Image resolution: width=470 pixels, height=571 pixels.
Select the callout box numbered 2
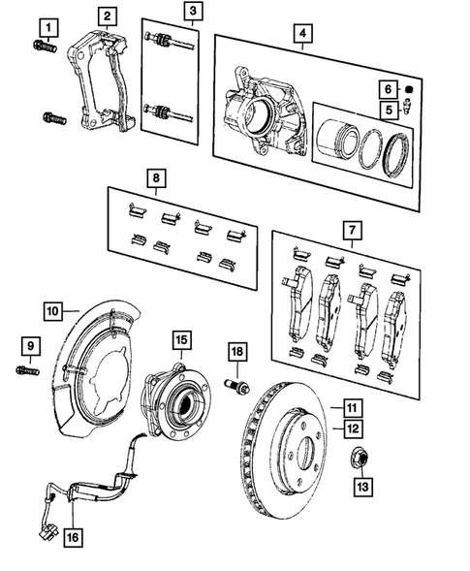coord(108,16)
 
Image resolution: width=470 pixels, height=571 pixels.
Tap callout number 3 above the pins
coord(193,12)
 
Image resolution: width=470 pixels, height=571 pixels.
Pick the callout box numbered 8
coord(155,178)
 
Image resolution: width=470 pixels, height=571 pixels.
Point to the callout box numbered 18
coord(236,351)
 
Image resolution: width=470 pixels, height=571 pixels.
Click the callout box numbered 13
coord(361,484)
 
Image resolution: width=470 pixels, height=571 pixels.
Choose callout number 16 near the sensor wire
coord(73,534)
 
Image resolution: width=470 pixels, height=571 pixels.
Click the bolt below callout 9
coord(26,369)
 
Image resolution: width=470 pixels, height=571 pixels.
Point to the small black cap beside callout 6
coord(408,90)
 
